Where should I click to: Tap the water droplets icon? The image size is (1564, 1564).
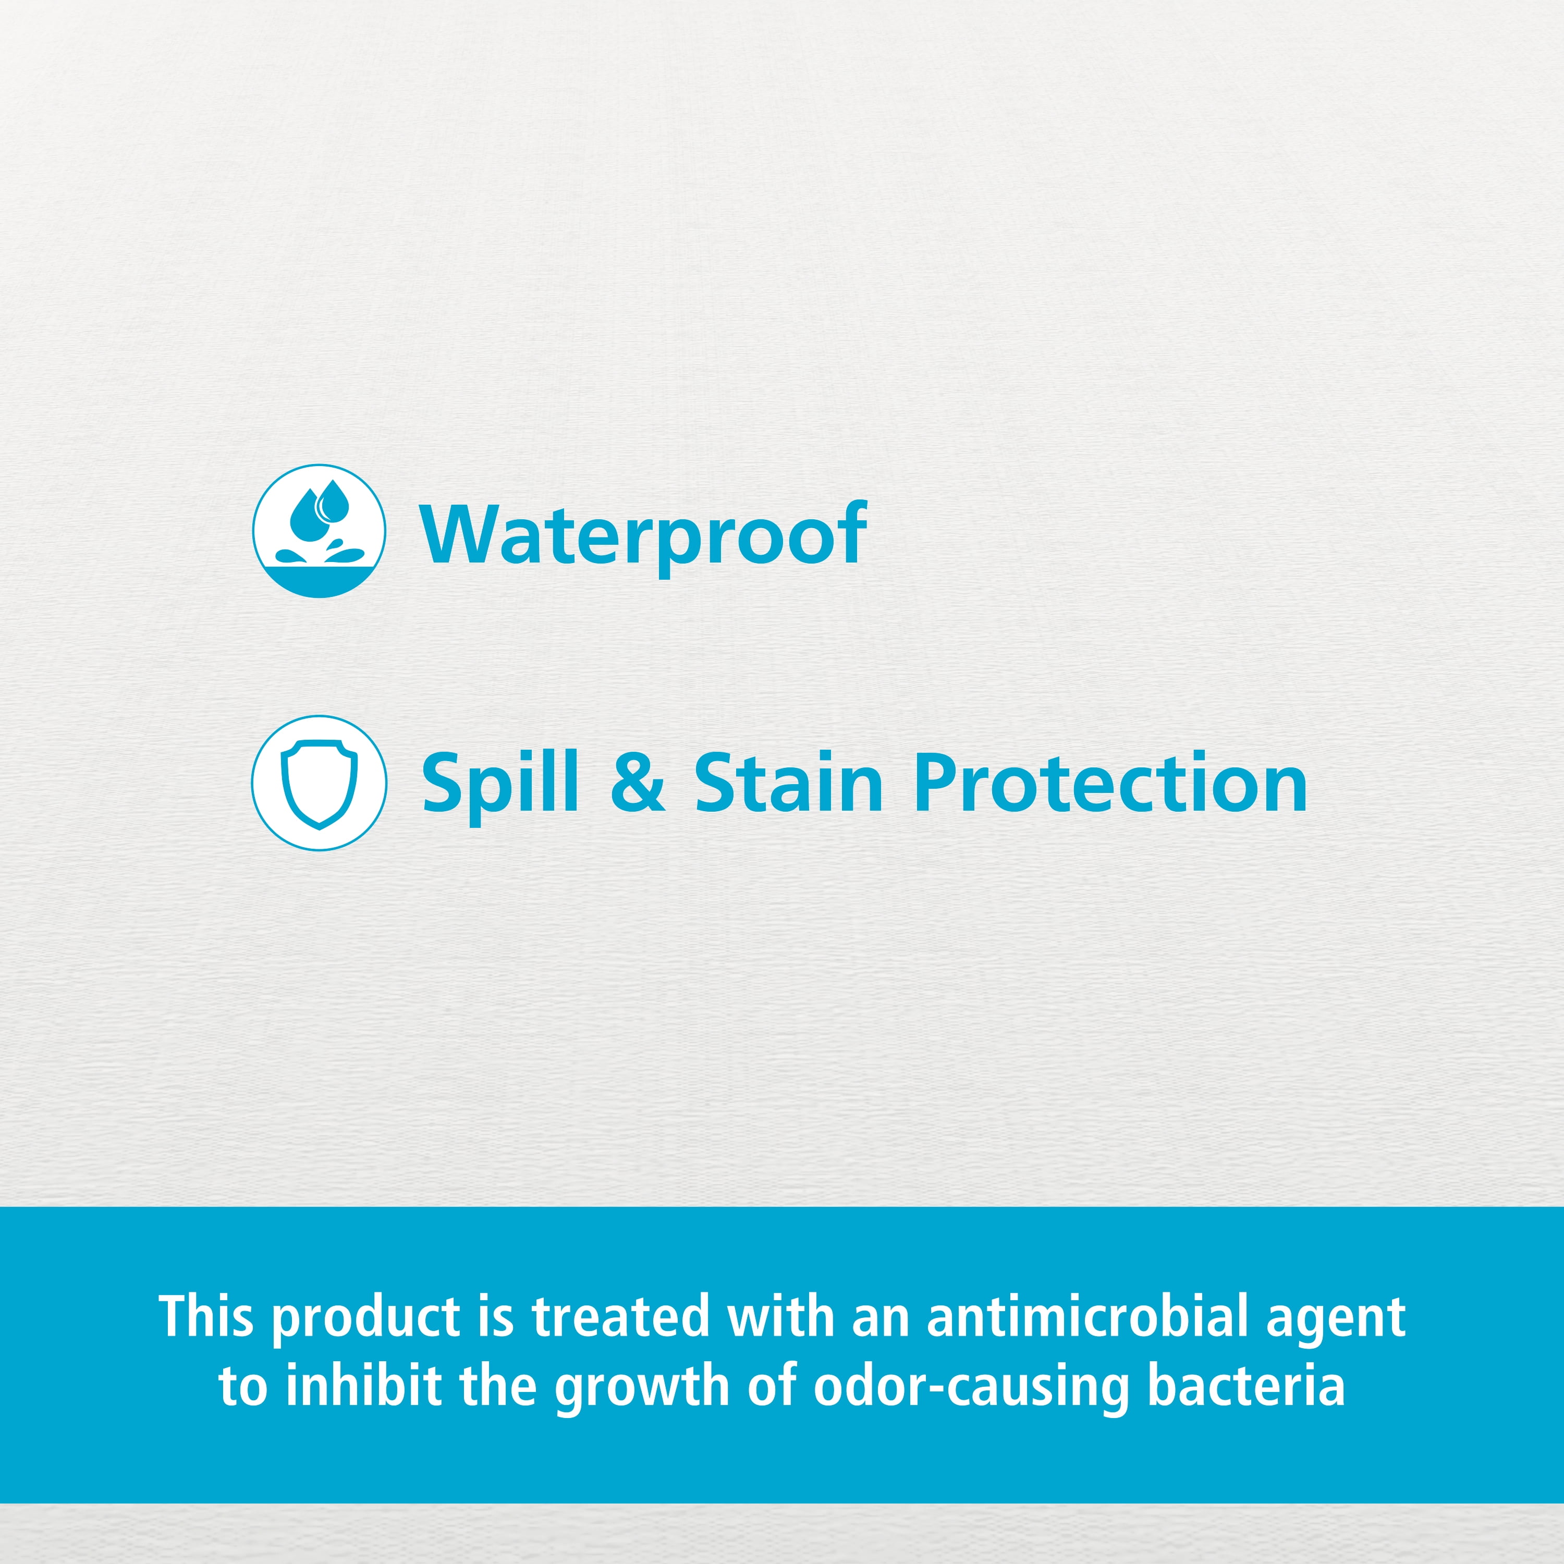tap(319, 531)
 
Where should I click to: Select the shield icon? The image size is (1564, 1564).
tap(319, 783)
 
